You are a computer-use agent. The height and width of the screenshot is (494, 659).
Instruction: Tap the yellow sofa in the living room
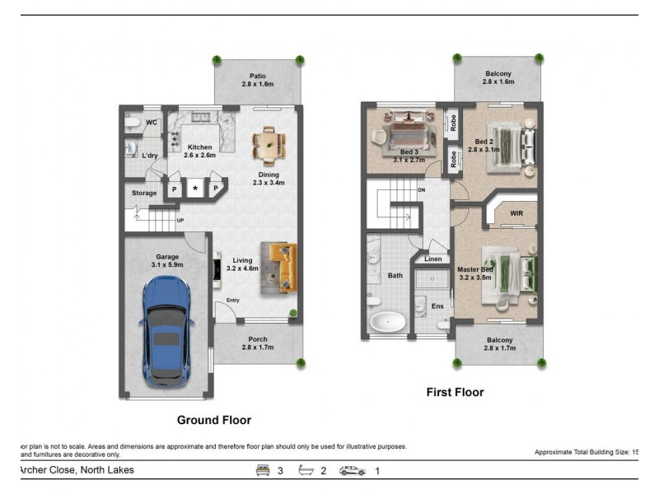point(280,268)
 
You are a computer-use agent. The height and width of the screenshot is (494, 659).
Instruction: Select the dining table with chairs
point(269,146)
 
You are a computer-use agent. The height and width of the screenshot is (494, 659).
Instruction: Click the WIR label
point(516,213)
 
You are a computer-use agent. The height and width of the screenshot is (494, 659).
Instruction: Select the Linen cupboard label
point(433,259)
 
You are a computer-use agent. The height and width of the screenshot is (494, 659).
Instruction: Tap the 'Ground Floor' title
point(214,420)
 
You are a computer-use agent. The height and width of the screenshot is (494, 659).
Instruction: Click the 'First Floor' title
point(455,392)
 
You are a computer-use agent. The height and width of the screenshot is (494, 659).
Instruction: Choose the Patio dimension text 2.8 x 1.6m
point(258,85)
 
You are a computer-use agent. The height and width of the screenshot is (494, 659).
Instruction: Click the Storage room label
point(144,193)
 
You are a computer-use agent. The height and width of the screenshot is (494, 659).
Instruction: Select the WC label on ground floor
point(152,123)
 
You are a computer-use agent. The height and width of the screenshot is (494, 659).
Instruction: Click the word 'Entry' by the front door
point(233,300)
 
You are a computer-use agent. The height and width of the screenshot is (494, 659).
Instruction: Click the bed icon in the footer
point(264,470)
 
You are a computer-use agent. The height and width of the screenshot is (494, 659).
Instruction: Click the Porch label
point(258,338)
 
